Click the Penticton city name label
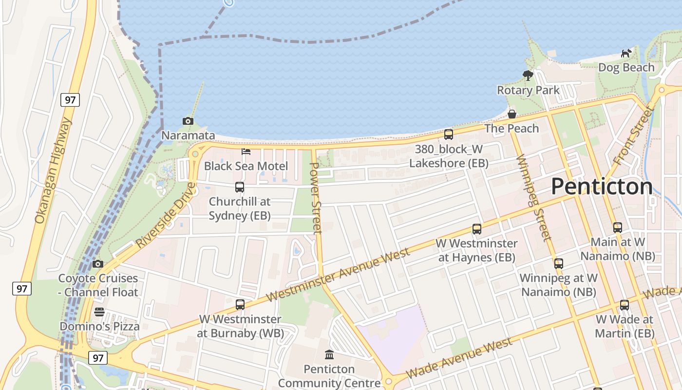point(602,186)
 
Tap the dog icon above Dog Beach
point(626,53)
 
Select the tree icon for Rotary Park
point(528,75)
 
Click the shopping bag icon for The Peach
point(512,114)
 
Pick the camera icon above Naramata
point(188,121)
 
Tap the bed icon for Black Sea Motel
point(246,152)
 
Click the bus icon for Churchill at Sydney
point(239,187)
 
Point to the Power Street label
point(316,198)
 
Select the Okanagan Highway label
point(53,171)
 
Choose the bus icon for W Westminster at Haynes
point(477,229)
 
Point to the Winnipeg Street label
point(533,197)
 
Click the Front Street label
point(633,136)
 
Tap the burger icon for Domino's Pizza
point(99,312)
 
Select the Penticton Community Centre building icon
point(329,354)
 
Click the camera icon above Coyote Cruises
point(98,264)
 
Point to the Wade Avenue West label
point(459,358)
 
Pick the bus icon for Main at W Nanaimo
point(618,227)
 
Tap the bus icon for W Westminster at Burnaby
point(240,305)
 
